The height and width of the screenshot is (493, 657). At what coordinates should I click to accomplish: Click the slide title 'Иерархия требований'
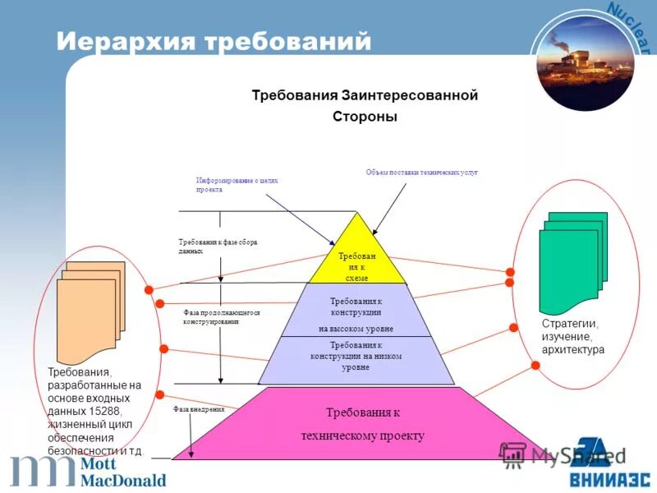[x=214, y=40]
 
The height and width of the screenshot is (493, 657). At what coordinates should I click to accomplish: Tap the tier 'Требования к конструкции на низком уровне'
[x=356, y=357]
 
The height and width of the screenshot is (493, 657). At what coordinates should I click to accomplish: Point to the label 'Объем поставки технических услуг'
[x=420, y=173]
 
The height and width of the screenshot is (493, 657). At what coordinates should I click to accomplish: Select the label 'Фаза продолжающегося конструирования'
[x=221, y=317]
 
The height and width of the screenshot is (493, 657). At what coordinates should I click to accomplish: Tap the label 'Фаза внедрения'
[x=199, y=408]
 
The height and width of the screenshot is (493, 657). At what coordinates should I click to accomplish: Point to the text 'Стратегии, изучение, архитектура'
[x=572, y=336]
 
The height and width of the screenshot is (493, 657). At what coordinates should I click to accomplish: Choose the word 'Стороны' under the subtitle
[x=364, y=117]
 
